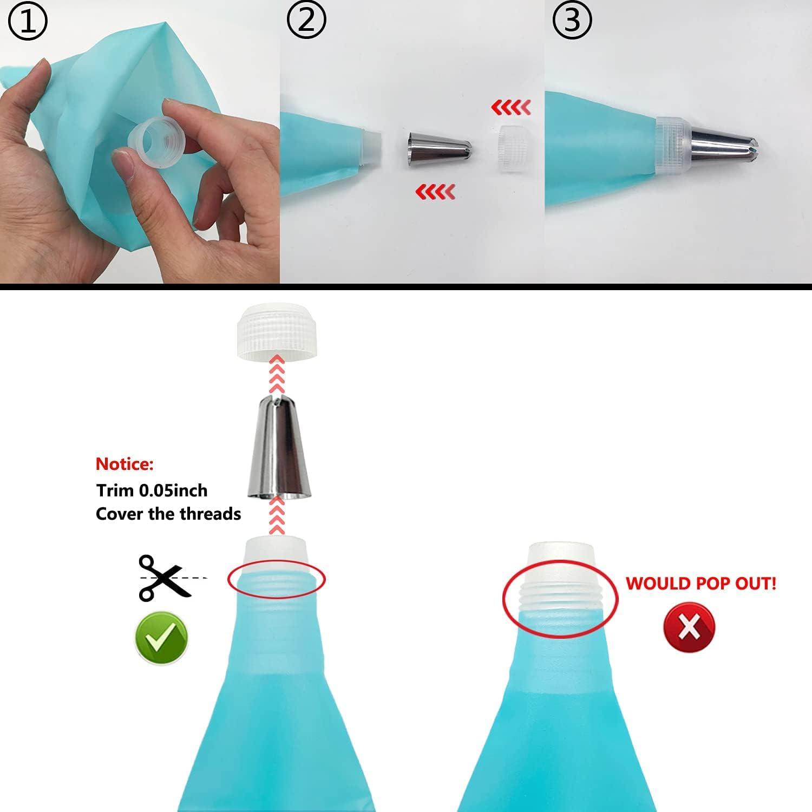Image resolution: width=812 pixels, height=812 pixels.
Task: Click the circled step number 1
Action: pyautogui.click(x=28, y=21)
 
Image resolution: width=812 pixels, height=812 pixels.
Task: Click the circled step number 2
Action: pyautogui.click(x=306, y=21)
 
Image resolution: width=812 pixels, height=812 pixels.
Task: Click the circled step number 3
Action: pyautogui.click(x=572, y=21)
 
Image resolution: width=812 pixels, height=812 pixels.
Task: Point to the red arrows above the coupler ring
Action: pyautogui.click(x=510, y=108)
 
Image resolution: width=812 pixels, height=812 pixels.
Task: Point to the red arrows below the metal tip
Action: pyautogui.click(x=435, y=192)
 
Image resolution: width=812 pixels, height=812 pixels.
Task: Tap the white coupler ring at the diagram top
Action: pyautogui.click(x=277, y=330)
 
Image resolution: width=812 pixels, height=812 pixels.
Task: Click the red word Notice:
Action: pyautogui.click(x=125, y=464)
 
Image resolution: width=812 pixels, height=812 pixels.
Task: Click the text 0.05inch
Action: pyautogui.click(x=173, y=490)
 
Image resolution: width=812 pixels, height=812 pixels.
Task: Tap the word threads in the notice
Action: pyautogui.click(x=213, y=514)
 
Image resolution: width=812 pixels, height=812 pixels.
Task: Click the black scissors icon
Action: pyautogui.click(x=165, y=577)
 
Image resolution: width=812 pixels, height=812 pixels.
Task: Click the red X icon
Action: pyautogui.click(x=689, y=627)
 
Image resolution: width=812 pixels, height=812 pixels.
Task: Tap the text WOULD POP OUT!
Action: pyautogui.click(x=701, y=583)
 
